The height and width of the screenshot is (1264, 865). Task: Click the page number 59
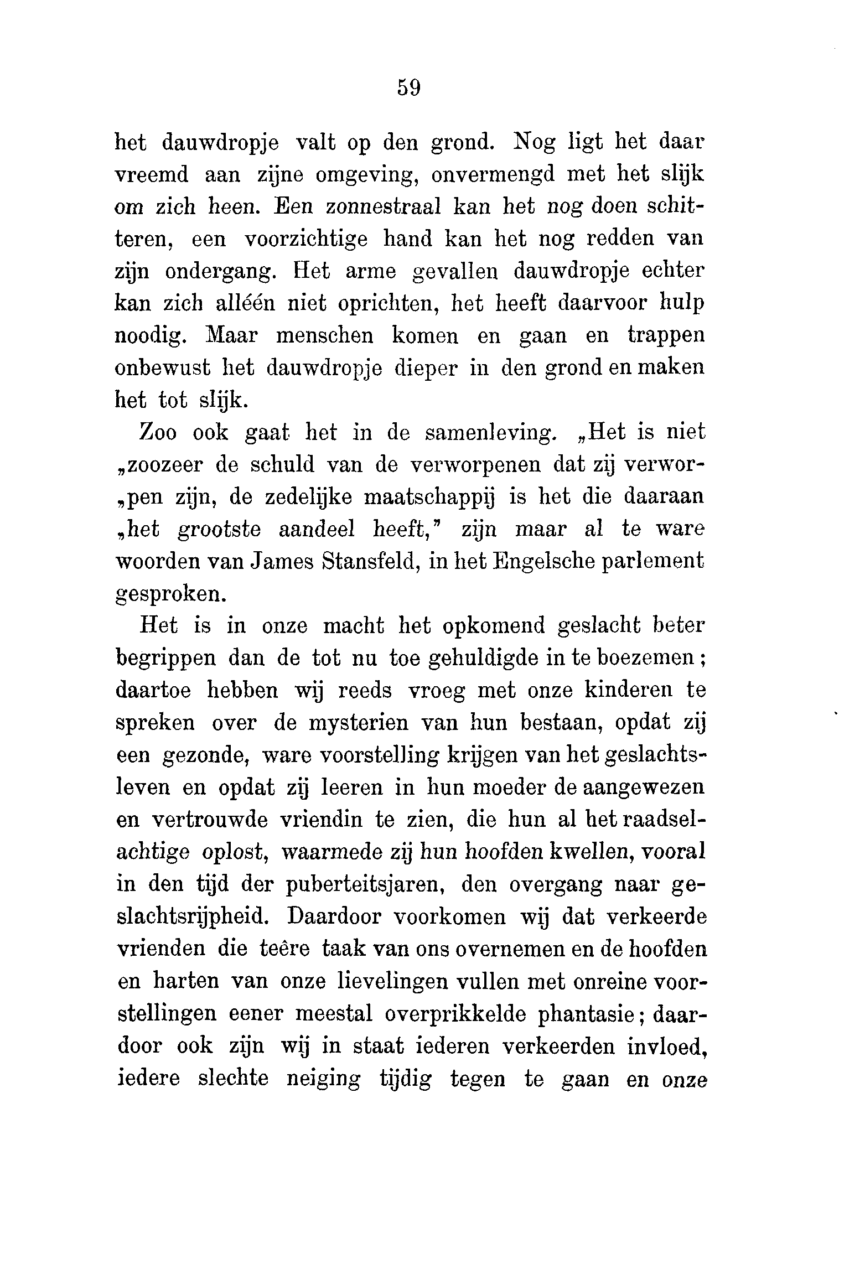click(x=409, y=88)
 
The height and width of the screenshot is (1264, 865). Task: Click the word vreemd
click(x=151, y=175)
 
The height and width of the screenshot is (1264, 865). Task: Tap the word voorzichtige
click(x=305, y=239)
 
